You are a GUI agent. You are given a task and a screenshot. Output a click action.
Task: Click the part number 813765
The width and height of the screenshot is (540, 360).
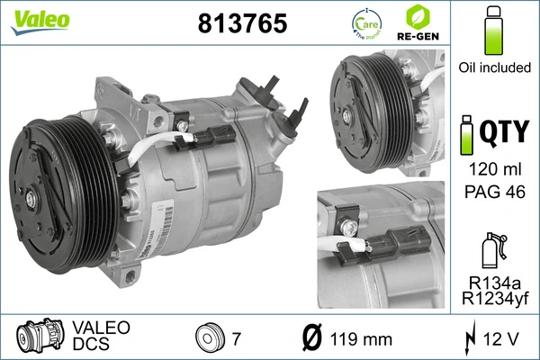tap(241, 24)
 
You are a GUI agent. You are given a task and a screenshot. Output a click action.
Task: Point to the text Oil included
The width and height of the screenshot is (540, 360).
tap(493, 67)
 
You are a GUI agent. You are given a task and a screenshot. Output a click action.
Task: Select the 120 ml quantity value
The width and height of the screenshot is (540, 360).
tap(493, 168)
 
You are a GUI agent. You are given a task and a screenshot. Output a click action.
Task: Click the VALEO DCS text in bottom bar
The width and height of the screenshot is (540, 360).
tap(100, 336)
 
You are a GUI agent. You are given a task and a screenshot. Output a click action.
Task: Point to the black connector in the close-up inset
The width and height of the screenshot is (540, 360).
tap(401, 245)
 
